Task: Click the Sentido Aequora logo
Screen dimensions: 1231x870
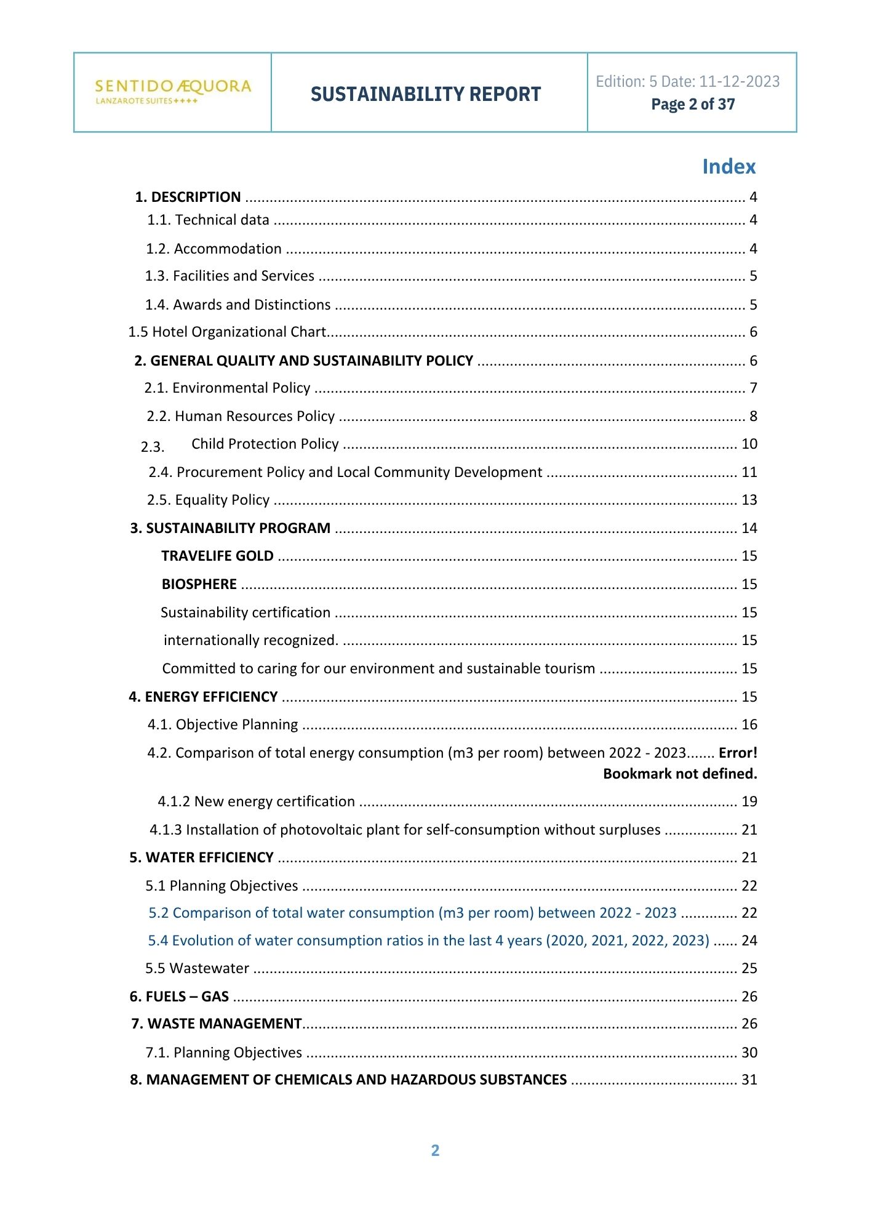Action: click(x=173, y=91)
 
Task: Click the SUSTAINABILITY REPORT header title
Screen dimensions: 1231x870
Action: click(x=426, y=94)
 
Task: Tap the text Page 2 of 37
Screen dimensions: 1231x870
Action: click(x=693, y=105)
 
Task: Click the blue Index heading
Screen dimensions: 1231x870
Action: click(x=728, y=167)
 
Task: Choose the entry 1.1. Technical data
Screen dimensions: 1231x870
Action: click(x=208, y=220)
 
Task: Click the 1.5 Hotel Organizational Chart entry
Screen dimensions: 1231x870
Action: click(x=227, y=332)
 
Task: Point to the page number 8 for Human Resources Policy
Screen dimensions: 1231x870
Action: click(x=753, y=417)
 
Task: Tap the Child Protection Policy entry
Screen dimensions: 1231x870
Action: click(x=265, y=444)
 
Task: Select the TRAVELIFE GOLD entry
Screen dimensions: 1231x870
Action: click(x=217, y=556)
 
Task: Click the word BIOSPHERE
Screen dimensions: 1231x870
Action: click(x=199, y=585)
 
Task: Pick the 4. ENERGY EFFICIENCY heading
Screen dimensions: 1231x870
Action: click(x=203, y=697)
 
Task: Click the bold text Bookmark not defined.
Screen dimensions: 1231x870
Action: click(x=680, y=774)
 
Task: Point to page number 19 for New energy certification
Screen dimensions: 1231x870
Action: click(x=749, y=802)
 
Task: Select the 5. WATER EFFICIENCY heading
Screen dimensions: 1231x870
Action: click(x=201, y=858)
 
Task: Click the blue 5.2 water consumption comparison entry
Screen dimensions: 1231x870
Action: click(x=412, y=913)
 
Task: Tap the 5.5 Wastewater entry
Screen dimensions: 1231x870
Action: click(x=197, y=969)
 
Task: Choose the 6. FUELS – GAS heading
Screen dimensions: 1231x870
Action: click(x=179, y=997)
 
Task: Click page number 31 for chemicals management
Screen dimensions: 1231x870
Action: click(x=749, y=1080)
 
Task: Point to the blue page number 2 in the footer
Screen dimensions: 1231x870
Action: click(x=435, y=1150)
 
